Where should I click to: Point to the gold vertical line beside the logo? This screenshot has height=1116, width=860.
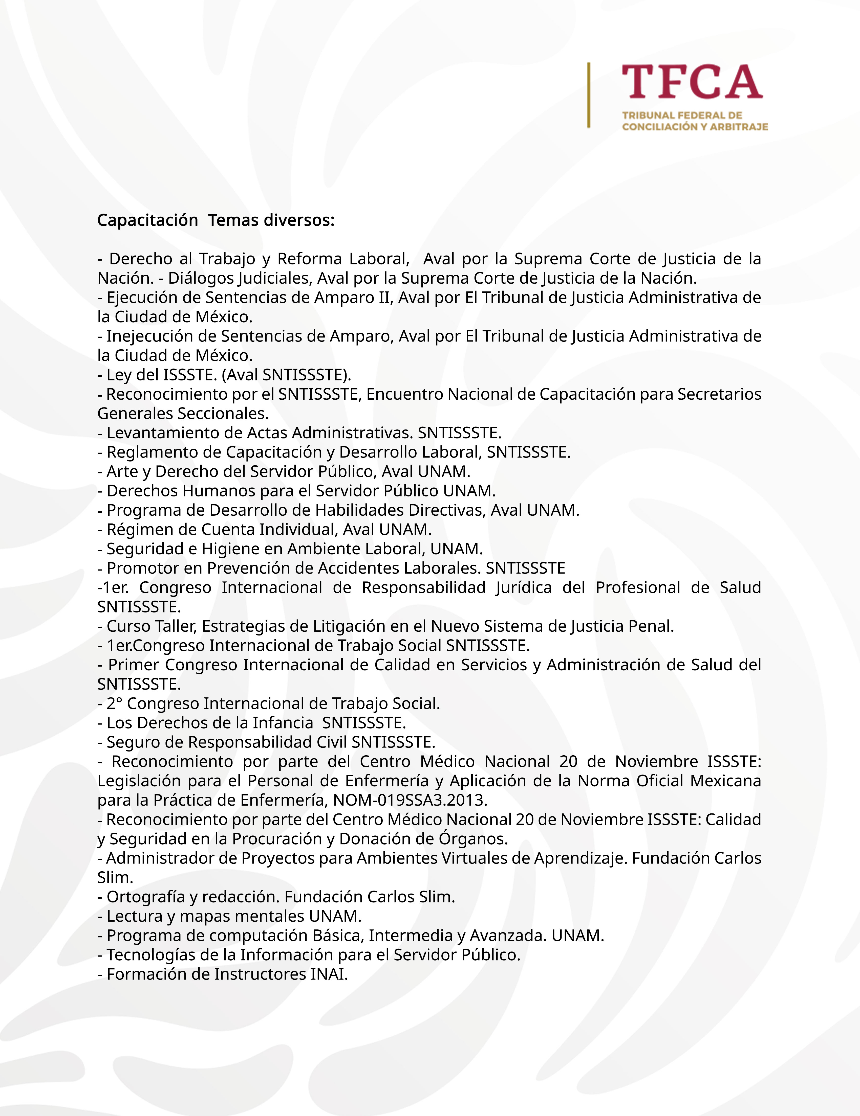[589, 95]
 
